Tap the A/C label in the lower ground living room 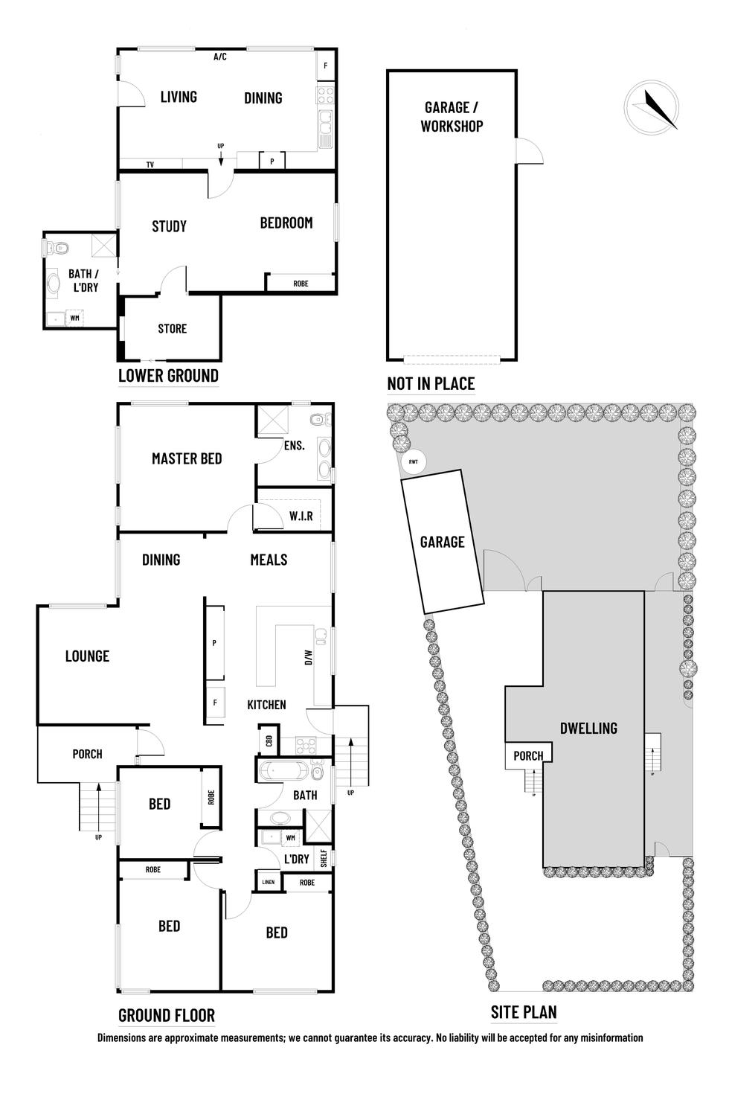click(220, 57)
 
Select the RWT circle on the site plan click(413, 462)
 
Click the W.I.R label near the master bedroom click(301, 516)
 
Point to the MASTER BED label click(187, 458)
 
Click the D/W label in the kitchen click(309, 658)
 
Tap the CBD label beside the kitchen click(269, 741)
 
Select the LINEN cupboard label click(268, 883)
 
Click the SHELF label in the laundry click(324, 858)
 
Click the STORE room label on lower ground click(172, 328)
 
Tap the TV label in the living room click(150, 164)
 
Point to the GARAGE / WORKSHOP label click(452, 117)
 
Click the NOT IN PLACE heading click(431, 384)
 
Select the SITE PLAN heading click(524, 1012)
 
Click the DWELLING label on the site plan click(588, 728)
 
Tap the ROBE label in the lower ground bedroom click(301, 284)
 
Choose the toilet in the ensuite click(318, 420)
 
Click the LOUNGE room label click(87, 656)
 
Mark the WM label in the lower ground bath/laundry click(74, 318)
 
